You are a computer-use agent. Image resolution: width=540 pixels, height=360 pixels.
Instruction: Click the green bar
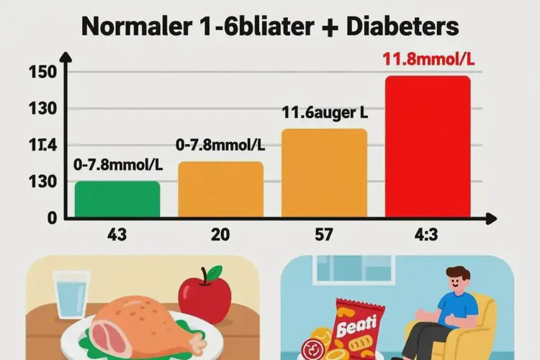click(x=117, y=199)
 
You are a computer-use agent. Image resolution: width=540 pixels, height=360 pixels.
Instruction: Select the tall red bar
click(x=428, y=147)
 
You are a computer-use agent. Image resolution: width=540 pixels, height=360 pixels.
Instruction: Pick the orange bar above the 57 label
click(x=324, y=174)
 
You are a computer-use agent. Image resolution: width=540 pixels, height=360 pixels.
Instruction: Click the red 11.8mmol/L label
click(x=428, y=59)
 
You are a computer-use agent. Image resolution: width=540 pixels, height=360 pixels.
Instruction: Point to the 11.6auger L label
click(x=324, y=112)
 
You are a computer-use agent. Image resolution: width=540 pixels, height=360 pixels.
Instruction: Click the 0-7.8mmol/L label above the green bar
click(x=117, y=164)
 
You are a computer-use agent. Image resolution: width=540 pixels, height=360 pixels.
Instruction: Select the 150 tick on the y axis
click(x=37, y=72)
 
